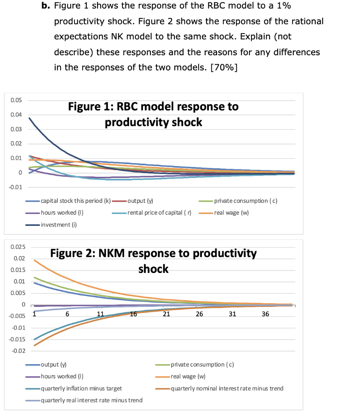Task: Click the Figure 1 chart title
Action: coord(153,115)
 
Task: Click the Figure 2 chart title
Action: coord(153,261)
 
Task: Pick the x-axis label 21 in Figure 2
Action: coord(166,314)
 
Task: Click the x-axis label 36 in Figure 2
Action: coord(265,314)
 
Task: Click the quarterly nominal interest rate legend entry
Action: coord(226,388)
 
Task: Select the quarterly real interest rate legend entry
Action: coord(91,400)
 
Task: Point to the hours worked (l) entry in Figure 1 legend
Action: coord(62,213)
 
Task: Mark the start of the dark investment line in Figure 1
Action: coord(29,118)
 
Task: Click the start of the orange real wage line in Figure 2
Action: coord(34,260)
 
